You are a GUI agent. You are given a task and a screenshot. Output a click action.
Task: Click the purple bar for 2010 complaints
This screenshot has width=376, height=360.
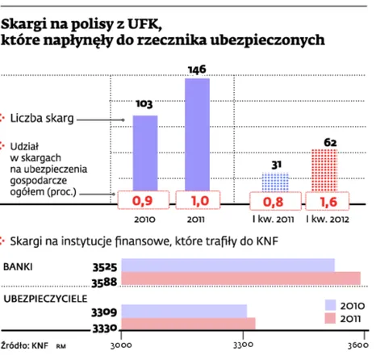coord(145,153)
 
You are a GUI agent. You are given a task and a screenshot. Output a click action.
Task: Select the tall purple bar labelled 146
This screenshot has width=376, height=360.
coord(197,135)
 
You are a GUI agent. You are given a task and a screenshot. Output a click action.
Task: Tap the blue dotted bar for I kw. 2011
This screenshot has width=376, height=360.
coord(275,182)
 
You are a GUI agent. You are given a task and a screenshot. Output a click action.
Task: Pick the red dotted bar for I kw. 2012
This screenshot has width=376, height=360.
coord(324,170)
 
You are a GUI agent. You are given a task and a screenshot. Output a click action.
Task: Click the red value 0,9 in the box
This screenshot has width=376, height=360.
coord(142,201)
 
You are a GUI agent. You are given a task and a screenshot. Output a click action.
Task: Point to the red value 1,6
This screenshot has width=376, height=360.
coord(328,202)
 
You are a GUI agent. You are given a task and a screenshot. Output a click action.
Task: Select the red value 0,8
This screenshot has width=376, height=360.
coord(273,202)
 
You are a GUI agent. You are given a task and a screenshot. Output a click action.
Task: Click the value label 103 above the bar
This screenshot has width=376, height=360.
coord(144,104)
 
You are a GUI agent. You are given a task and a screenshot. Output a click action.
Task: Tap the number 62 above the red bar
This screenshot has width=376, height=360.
coord(330,142)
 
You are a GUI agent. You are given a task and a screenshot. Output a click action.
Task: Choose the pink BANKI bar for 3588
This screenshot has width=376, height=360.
coord(241,278)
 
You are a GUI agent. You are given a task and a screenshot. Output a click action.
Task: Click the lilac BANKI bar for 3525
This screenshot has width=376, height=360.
coord(228,266)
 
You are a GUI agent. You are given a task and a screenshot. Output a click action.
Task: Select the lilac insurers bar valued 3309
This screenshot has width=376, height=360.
coord(184,312)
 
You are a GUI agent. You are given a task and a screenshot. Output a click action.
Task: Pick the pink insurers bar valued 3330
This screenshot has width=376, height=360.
coord(188,324)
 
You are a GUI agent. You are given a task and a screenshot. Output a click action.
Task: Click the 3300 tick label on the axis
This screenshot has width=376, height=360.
coord(243,345)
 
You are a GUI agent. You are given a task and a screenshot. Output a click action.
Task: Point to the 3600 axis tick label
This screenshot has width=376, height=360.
coord(358,345)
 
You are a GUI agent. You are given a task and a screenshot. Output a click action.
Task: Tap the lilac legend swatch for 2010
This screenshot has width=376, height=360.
coord(330,305)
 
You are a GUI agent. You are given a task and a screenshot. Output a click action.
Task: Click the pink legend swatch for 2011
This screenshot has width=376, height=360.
coord(330,318)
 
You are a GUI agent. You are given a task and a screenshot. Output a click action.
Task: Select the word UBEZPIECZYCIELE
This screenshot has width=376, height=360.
coord(45,299)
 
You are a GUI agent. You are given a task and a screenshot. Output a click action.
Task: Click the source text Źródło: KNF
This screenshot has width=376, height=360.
coord(25,345)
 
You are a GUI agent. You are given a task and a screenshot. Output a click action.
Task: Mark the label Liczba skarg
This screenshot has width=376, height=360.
coord(42,119)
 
